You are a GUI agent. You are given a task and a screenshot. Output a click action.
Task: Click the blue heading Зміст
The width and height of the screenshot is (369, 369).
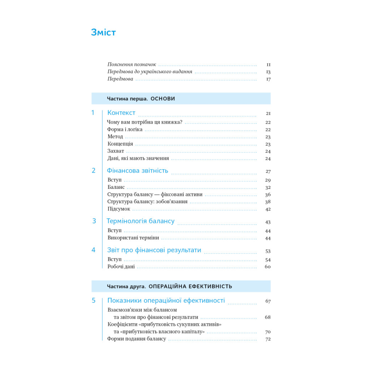pos(103,32)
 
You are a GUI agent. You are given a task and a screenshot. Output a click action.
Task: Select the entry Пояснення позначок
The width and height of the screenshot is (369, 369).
pos(132,64)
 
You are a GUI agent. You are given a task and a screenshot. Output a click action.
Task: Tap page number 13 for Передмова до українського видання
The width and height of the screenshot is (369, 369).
pos(268,72)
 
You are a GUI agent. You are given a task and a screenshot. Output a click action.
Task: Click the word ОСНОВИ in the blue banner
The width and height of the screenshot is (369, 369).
pos(163,99)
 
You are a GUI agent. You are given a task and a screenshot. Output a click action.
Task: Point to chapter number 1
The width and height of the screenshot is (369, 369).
pos(93,113)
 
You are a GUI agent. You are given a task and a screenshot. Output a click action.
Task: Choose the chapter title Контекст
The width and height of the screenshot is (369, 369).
pos(121,113)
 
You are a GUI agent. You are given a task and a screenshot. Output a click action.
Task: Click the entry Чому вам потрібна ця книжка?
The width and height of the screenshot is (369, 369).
pos(145,122)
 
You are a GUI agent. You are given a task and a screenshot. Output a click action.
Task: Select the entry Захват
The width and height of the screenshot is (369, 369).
pos(116,151)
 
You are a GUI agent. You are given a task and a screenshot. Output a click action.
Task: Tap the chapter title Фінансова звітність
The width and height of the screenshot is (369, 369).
pos(137,171)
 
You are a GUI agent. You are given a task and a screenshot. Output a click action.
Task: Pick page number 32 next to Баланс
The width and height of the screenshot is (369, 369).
pos(268,187)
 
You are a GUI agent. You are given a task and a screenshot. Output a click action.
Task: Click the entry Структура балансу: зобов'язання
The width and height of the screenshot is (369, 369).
pos(147,202)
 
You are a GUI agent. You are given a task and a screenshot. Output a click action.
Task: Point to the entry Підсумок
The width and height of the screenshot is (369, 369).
pos(119,209)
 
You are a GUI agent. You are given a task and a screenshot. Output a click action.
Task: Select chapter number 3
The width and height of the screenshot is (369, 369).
pos(94,221)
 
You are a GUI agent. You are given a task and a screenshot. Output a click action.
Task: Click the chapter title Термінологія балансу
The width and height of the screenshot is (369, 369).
pos(141,221)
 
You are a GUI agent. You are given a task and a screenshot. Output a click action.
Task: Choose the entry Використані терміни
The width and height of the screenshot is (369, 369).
pos(133,238)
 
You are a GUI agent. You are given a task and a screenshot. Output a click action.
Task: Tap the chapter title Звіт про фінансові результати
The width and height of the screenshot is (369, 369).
pos(154,250)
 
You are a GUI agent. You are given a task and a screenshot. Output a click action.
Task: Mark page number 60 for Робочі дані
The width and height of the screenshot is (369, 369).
pos(268,267)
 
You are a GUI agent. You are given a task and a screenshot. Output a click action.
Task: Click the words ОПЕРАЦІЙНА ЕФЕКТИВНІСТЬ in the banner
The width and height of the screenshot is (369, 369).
pos(190,286)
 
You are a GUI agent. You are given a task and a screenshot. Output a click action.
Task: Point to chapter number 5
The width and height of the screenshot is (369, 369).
pos(94,300)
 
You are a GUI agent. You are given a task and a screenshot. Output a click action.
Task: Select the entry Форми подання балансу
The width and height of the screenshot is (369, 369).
pos(137,339)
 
